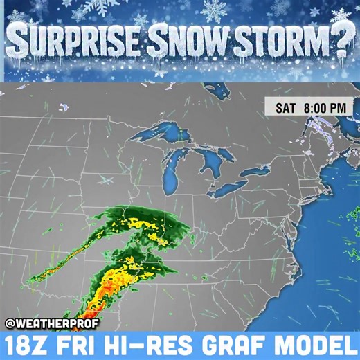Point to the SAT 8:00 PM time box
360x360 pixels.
coord(309,108)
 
